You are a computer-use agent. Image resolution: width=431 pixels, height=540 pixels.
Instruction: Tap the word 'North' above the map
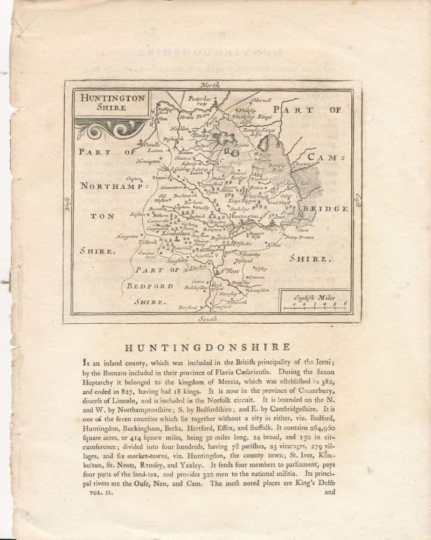(210, 85)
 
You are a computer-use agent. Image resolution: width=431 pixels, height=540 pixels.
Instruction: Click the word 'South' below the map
(207, 319)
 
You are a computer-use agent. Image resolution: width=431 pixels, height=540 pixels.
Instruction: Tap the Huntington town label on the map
(247, 216)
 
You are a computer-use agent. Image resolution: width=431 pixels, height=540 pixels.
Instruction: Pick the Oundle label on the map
(150, 144)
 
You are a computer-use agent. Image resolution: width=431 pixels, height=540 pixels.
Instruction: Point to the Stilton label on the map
(201, 145)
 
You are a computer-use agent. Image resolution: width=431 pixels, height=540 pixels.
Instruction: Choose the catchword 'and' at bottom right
(330, 492)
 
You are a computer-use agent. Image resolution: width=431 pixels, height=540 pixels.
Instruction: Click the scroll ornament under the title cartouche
(110, 128)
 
